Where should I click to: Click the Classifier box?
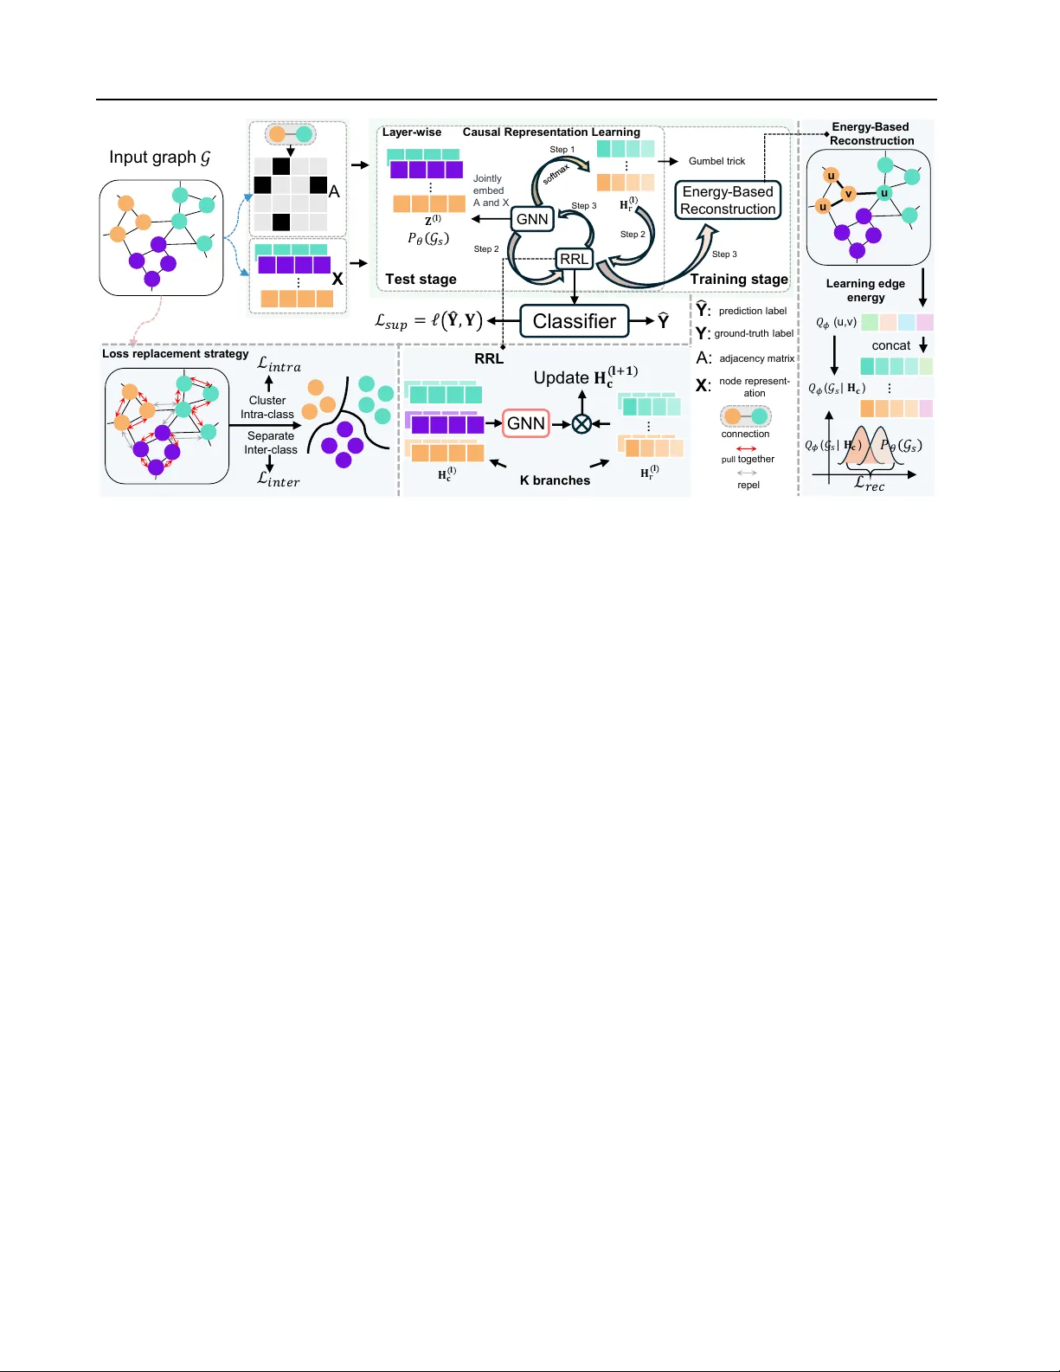click(x=575, y=321)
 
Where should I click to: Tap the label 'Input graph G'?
click(x=160, y=158)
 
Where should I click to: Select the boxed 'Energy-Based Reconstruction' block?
click(x=728, y=201)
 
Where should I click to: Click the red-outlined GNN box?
click(x=526, y=423)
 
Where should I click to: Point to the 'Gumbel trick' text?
click(x=716, y=161)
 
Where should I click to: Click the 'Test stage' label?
click(x=421, y=279)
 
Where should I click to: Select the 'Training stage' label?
click(x=739, y=279)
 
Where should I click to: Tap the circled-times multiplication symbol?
click(x=582, y=423)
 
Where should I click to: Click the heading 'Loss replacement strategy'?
click(x=175, y=353)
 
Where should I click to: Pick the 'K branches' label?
click(x=555, y=480)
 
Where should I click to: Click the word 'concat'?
click(x=890, y=345)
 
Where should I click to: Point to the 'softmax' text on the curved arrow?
click(x=556, y=175)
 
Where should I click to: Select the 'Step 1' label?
click(x=562, y=150)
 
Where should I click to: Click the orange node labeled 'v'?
click(x=849, y=193)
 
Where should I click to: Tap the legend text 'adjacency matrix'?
click(x=756, y=358)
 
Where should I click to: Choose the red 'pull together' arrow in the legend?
click(x=746, y=448)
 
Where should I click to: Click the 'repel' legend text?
click(x=748, y=485)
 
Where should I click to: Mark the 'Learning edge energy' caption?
click(x=865, y=290)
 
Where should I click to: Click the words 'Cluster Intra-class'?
click(x=267, y=407)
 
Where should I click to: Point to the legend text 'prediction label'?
click(x=752, y=311)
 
